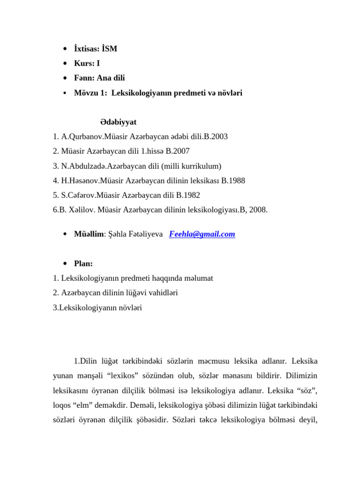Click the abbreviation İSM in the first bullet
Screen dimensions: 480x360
(108, 48)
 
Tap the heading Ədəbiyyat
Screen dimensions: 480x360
(118, 122)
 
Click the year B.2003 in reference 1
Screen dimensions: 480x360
(215, 137)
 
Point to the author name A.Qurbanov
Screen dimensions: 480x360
(80, 137)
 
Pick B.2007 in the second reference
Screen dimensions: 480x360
(178, 151)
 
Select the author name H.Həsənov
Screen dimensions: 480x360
(80, 180)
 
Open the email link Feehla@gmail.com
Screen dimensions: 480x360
(202, 234)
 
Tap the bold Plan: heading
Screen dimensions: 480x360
(83, 263)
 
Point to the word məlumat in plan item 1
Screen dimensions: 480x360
(197, 278)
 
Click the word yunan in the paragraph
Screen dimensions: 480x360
(63, 375)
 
